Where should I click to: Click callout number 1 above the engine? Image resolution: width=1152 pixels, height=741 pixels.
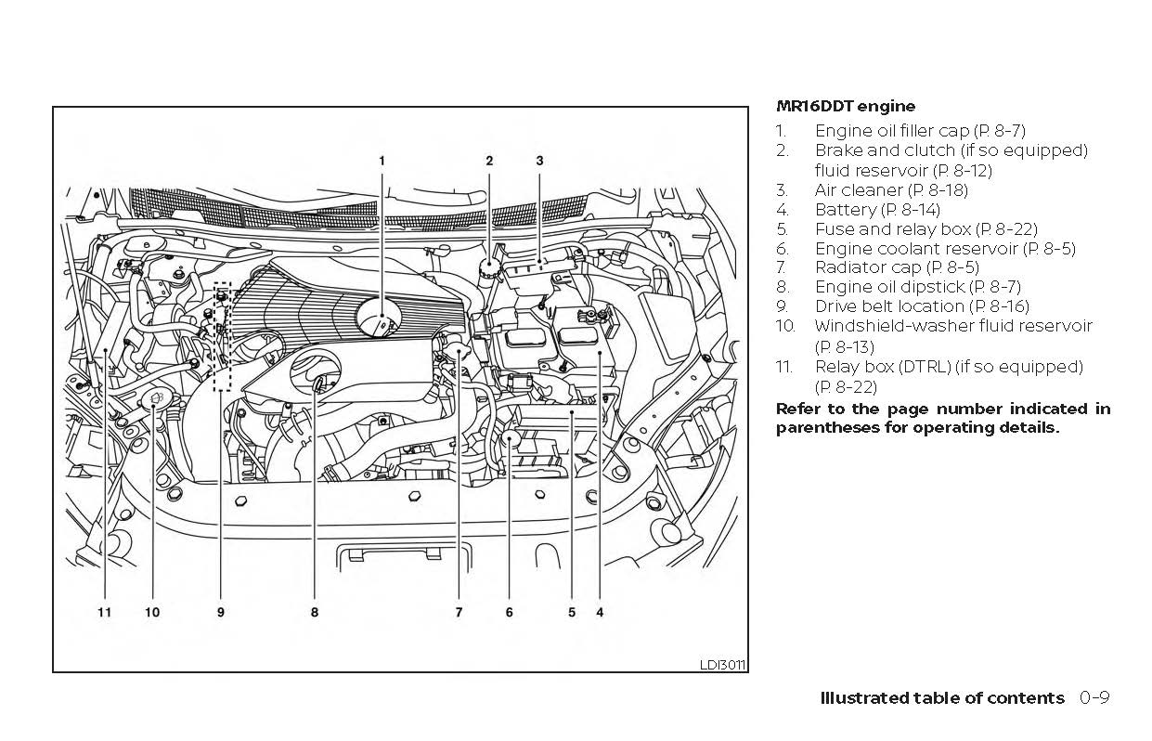tap(381, 161)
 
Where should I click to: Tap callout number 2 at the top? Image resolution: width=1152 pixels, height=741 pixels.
tap(489, 161)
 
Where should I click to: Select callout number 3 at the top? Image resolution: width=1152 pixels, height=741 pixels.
tap(539, 161)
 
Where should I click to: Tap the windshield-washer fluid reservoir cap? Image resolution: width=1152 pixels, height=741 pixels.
tap(154, 399)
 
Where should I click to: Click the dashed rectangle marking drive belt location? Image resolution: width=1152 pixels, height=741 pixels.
tap(222, 336)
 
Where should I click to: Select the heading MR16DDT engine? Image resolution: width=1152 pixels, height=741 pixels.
tap(845, 106)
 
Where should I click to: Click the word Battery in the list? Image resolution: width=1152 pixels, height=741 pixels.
tap(845, 210)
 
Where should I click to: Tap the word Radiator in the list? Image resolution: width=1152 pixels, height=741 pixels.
tap(848, 267)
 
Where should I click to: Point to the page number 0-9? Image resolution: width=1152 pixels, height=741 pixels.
tap(1094, 698)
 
